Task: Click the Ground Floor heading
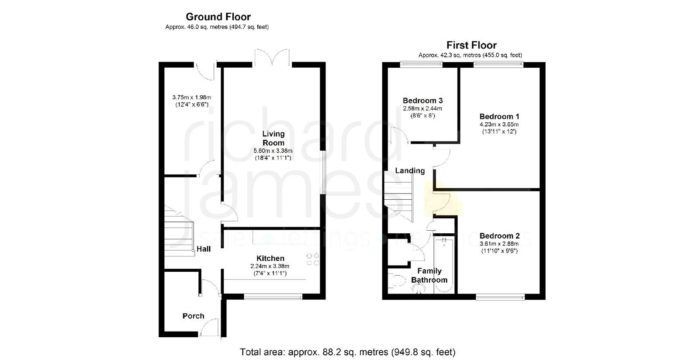click(218, 17)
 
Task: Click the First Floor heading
click(471, 45)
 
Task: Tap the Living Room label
click(273, 138)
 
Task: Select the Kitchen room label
click(270, 258)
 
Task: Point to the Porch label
click(194, 316)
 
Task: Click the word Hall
click(204, 249)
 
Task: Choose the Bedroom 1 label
click(499, 116)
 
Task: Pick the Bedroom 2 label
click(499, 236)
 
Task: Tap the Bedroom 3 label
click(422, 100)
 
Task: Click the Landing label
click(410, 171)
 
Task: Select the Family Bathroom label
click(429, 275)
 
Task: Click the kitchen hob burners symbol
click(313, 260)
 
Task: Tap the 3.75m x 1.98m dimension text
click(192, 97)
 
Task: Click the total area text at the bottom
click(347, 352)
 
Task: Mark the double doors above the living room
click(272, 57)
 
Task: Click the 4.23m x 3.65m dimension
click(499, 125)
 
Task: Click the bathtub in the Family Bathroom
click(444, 265)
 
